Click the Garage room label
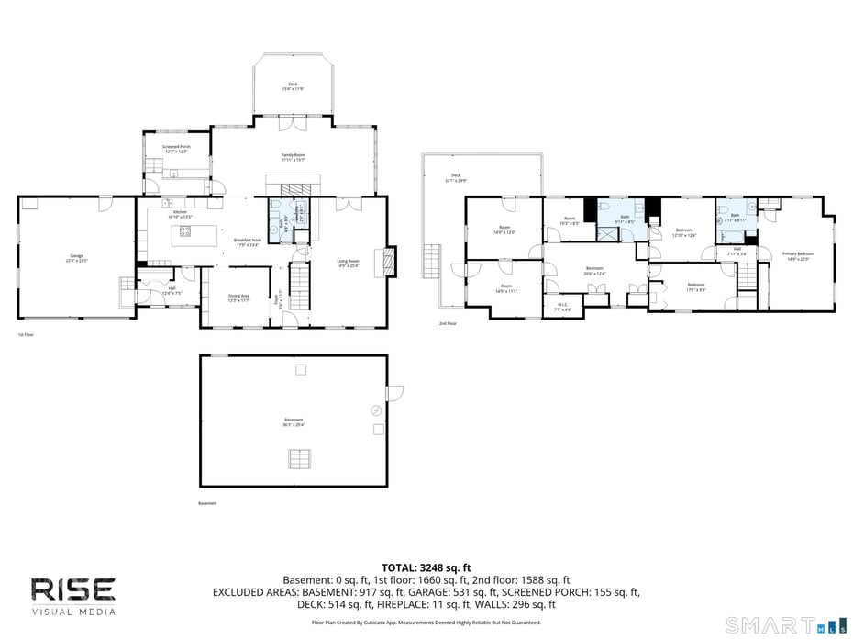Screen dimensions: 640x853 76,258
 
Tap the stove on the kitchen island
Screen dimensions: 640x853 185,231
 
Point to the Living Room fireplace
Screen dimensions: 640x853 392,261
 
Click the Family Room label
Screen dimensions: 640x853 293,157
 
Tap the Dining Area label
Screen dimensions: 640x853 238,298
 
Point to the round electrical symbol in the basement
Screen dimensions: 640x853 374,410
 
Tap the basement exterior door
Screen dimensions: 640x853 394,393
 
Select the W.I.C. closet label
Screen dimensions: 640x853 563,308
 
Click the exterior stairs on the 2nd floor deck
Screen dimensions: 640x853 430,262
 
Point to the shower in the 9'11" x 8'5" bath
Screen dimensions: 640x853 608,233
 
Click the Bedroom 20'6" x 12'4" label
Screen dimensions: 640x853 594,271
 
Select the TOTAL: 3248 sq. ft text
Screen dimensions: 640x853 426,567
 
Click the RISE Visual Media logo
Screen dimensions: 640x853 73,595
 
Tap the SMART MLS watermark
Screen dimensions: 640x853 783,626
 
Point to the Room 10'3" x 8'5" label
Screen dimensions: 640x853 569,220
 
